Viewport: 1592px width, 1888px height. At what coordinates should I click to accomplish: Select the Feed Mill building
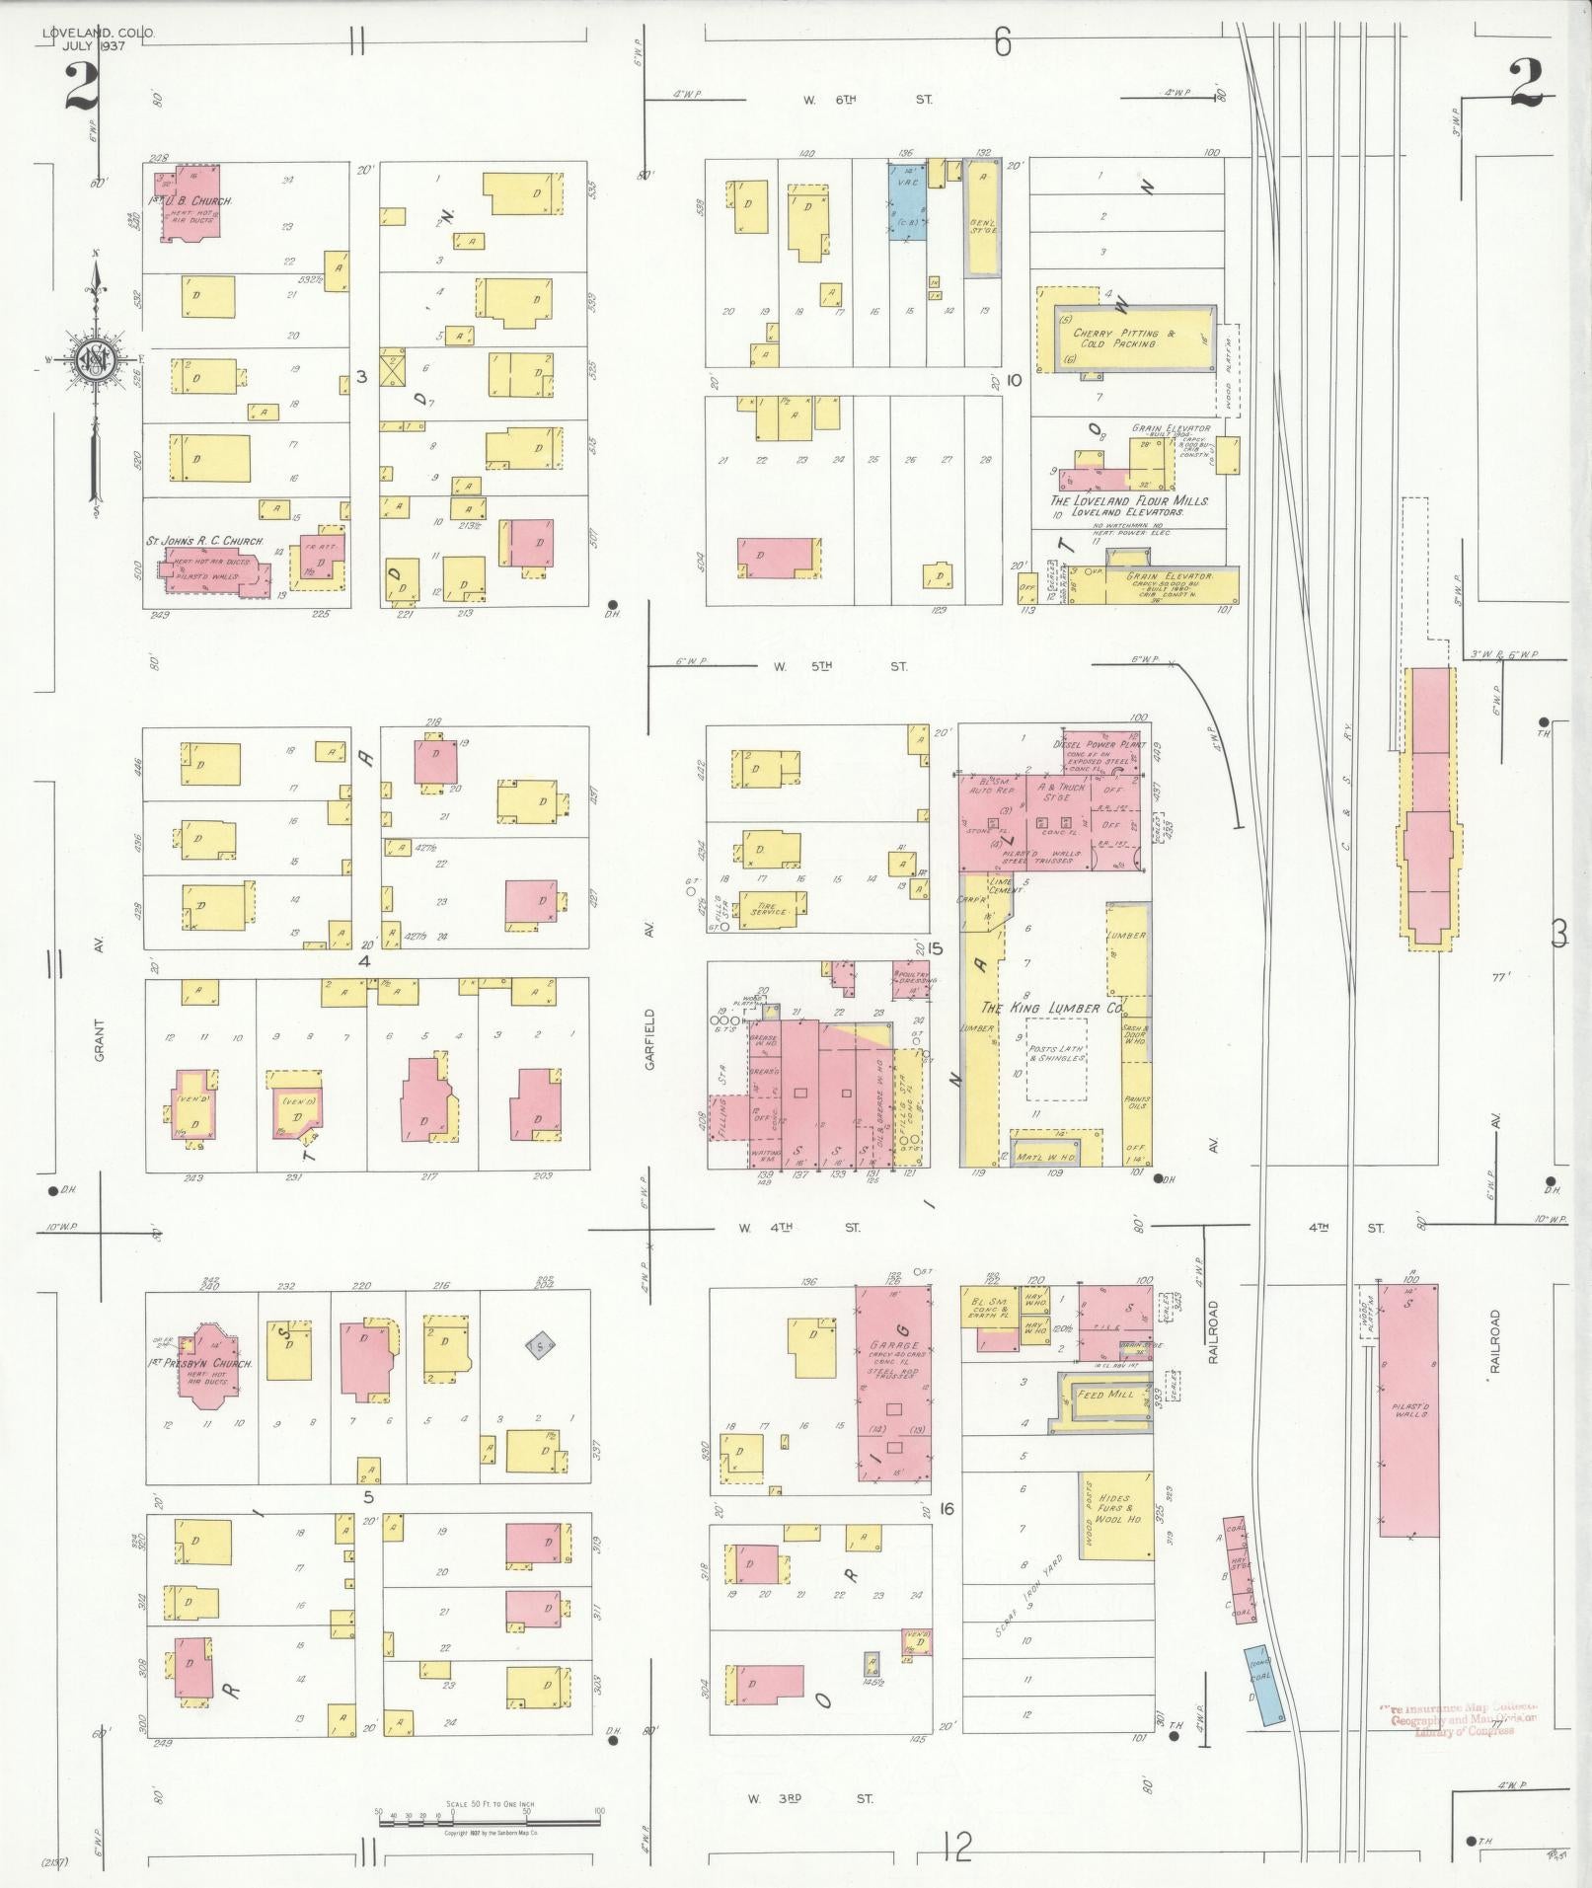click(1106, 1395)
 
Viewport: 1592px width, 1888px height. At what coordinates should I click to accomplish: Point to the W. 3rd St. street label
click(809, 1799)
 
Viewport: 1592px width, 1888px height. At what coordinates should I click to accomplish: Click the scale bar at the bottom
click(489, 1814)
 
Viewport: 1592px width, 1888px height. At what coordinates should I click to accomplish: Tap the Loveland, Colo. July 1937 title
click(98, 39)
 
